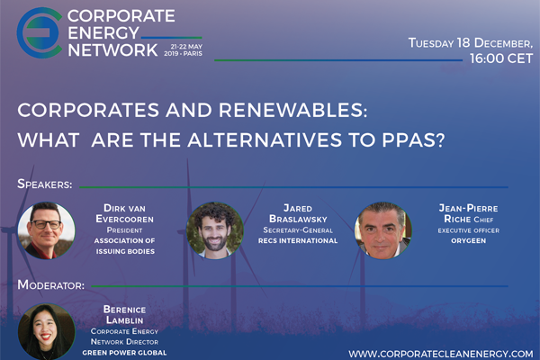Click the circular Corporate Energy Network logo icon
coord(40,32)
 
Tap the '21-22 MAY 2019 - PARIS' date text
coord(183,50)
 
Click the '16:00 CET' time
coord(501,58)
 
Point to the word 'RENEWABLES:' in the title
coord(292,110)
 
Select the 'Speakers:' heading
coord(45,184)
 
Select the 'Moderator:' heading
coord(51,285)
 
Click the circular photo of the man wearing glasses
coord(47,230)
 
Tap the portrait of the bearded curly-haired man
coord(215,230)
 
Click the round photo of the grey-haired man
coord(383,230)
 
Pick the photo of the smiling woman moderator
coord(47,331)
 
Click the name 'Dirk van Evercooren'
coord(125,213)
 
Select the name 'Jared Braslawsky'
coord(298,213)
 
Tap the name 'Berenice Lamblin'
coord(125,315)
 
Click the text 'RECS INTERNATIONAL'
coord(298,241)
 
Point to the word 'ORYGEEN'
coord(468,241)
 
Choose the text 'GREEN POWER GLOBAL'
coord(124,353)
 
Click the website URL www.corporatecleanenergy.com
coord(441,354)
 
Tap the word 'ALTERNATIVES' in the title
coord(265,139)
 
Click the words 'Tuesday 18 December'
coord(471,43)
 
